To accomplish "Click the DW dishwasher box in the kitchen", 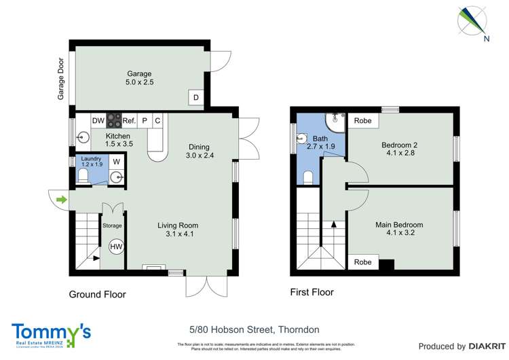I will click(x=98, y=121).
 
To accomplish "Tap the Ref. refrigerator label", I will click(x=129, y=121).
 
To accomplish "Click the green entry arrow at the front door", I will click(x=62, y=200).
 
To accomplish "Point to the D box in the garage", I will click(x=196, y=98).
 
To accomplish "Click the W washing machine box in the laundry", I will click(x=116, y=162).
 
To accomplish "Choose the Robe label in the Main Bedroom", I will click(x=362, y=262).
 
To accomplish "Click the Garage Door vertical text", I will click(x=60, y=79).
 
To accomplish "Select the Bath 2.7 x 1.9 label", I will click(x=320, y=142).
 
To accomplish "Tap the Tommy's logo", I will click(x=51, y=334).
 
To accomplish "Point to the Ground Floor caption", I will click(x=97, y=294).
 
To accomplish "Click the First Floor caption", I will click(x=312, y=293).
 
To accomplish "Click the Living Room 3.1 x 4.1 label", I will click(x=178, y=230).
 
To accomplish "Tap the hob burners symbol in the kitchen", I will click(x=113, y=121).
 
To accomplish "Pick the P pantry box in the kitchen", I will click(x=145, y=121).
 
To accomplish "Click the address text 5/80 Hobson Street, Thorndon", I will click(x=254, y=329).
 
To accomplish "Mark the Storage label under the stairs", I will click(x=112, y=225).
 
